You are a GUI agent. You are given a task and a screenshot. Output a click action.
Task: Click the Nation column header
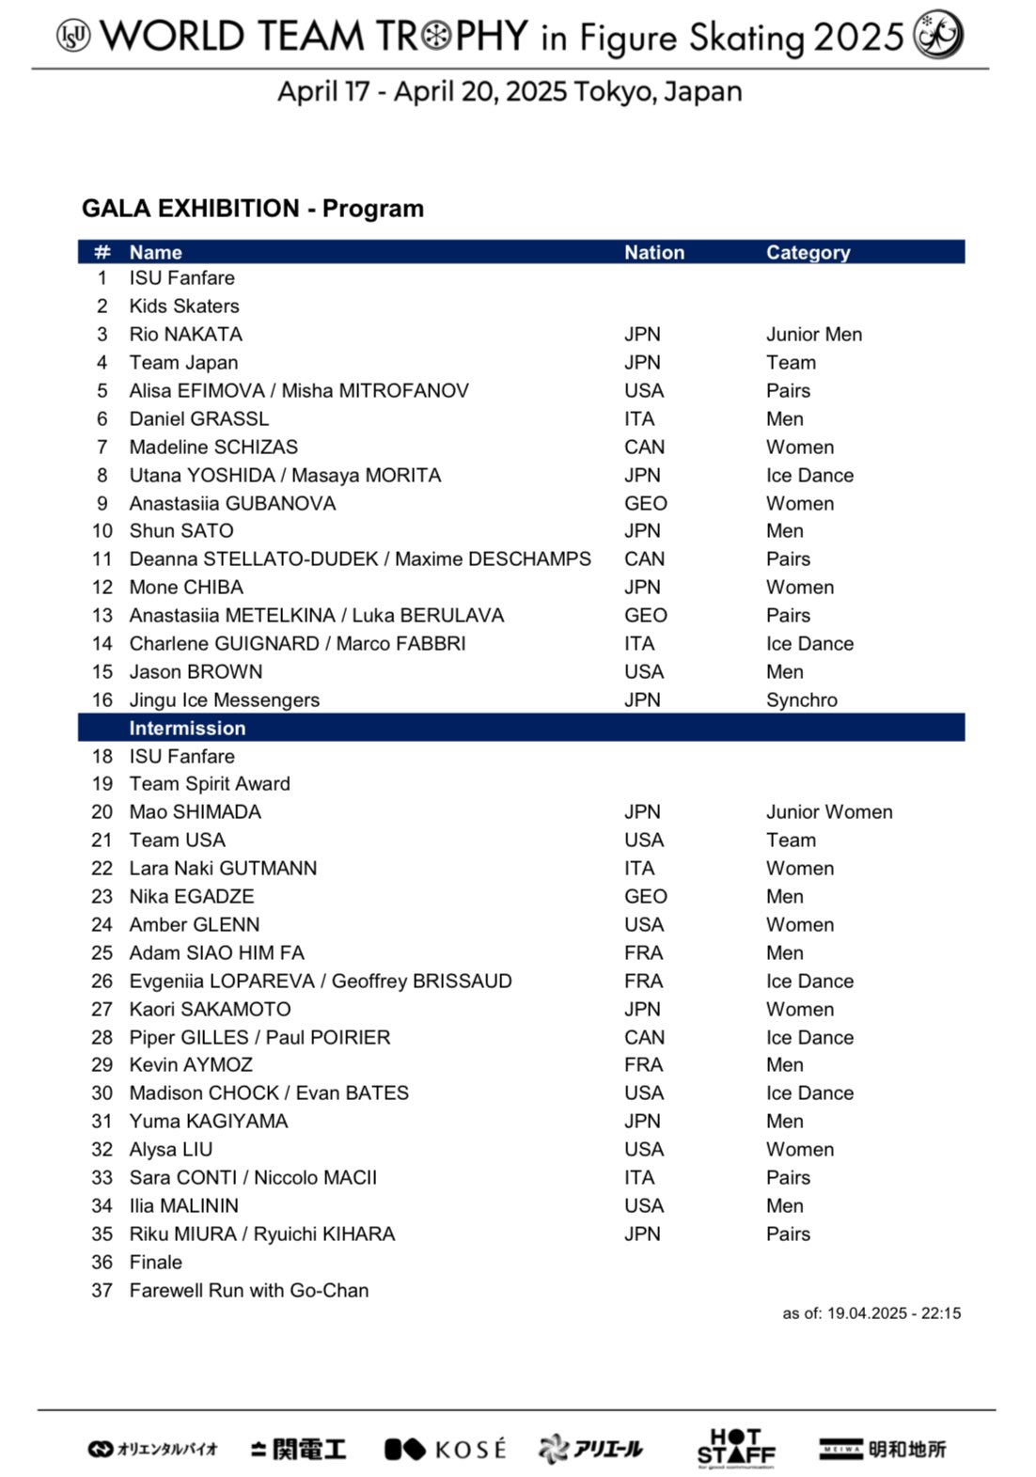click(654, 252)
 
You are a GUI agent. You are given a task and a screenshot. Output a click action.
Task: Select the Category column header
click(808, 252)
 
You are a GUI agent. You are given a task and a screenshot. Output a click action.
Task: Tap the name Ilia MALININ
click(183, 1205)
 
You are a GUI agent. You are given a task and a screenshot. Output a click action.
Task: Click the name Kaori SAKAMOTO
click(210, 1009)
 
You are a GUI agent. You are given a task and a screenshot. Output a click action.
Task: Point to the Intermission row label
click(187, 728)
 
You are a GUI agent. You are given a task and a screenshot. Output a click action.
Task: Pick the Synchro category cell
click(801, 699)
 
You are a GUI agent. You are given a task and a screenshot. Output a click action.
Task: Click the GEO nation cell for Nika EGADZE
click(645, 896)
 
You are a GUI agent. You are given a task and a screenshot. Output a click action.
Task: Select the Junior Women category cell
click(828, 811)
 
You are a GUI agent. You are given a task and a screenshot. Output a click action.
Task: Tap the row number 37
click(102, 1290)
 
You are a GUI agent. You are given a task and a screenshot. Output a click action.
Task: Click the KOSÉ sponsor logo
click(445, 1449)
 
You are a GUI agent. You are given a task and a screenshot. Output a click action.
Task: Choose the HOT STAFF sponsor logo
click(736, 1448)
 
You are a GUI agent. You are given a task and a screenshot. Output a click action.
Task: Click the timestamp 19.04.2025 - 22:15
click(893, 1313)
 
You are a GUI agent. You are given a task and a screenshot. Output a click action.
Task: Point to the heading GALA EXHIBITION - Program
click(252, 208)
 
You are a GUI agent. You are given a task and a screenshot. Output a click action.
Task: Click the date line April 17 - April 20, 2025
click(510, 91)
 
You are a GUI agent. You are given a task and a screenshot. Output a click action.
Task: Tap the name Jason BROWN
click(196, 671)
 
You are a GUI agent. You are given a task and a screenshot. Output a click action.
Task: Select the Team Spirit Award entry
click(210, 783)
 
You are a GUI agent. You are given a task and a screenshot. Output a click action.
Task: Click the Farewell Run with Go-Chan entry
click(248, 1290)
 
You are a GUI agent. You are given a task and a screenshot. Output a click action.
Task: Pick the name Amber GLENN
click(194, 924)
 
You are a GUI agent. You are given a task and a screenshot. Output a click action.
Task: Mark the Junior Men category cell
click(813, 334)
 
